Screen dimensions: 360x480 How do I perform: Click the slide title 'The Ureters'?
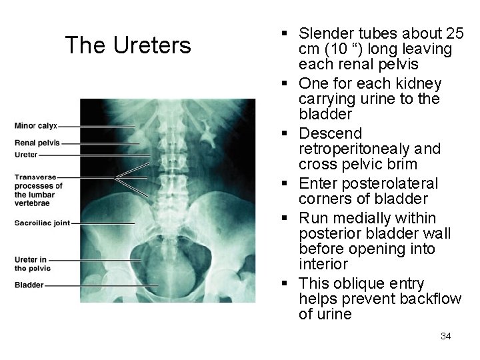[x=128, y=45]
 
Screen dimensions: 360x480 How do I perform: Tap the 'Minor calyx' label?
[x=35, y=125]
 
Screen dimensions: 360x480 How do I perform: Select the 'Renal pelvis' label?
[x=37, y=143]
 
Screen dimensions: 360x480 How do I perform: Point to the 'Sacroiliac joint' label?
[x=42, y=223]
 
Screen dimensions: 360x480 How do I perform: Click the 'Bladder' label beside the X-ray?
[x=29, y=285]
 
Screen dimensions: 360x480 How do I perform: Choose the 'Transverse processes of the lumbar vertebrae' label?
[x=39, y=185]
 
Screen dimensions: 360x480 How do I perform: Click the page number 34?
[x=446, y=336]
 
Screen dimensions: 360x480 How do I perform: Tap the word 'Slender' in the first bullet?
[x=327, y=33]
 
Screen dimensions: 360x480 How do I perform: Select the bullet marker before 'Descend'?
[x=285, y=134]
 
